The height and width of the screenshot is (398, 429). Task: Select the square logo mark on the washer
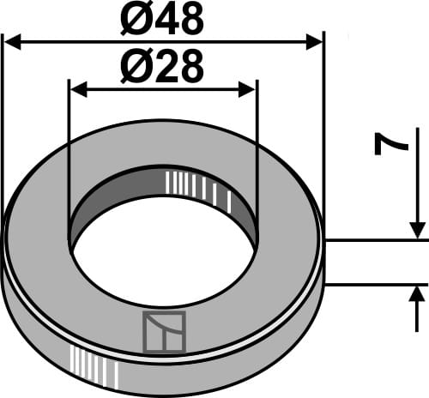coord(163,332)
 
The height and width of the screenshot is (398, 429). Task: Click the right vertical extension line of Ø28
coord(257,129)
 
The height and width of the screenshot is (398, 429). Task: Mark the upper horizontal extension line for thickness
coord(378,241)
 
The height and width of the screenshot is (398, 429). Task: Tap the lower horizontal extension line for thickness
coord(378,284)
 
